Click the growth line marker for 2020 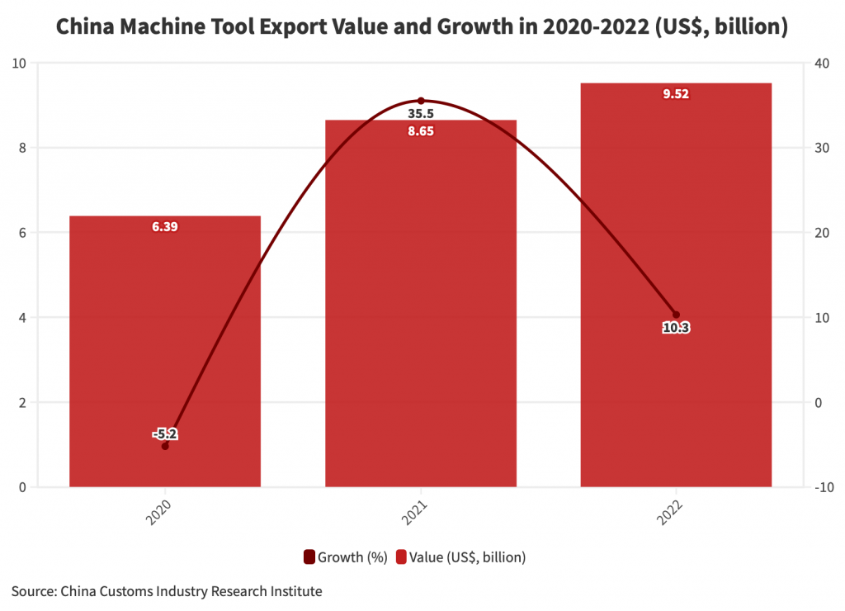pos(165,446)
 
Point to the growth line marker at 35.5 pos(421,101)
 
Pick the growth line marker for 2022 pos(676,315)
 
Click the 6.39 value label pos(165,227)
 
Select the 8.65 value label pos(421,130)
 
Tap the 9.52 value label pos(676,94)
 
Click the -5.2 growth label pos(165,433)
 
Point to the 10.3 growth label pos(676,328)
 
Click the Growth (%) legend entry pos(346,557)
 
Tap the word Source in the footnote pos(31,591)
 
